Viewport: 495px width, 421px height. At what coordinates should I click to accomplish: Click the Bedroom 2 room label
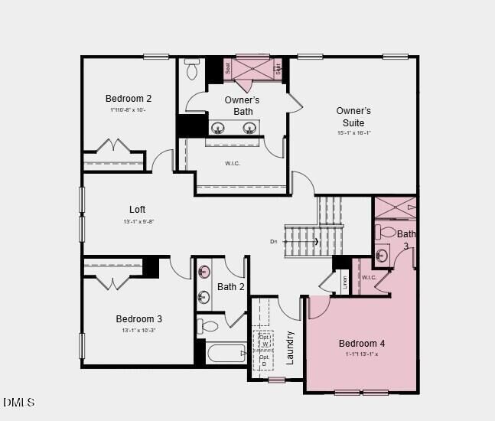click(129, 99)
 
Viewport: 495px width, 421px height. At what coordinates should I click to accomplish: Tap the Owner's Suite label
click(353, 116)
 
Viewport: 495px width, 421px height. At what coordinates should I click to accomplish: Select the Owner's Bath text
click(242, 106)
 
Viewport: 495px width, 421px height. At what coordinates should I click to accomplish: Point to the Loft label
click(137, 210)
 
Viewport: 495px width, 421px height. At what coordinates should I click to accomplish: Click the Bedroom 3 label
click(139, 319)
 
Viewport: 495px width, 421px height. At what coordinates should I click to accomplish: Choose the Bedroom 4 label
click(362, 344)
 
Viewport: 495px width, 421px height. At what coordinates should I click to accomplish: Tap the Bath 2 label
click(230, 287)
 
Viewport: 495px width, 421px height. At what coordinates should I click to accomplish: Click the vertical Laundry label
click(290, 348)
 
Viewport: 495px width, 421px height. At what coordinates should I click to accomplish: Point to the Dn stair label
click(274, 242)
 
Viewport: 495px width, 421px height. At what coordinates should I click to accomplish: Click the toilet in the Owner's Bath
click(192, 70)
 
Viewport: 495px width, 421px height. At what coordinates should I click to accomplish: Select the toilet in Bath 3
click(387, 233)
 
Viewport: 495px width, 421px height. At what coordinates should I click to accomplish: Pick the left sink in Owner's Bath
click(218, 128)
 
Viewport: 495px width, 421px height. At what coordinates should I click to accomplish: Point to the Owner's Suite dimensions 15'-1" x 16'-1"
click(353, 132)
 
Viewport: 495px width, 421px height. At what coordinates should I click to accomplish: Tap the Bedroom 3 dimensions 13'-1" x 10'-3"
click(139, 331)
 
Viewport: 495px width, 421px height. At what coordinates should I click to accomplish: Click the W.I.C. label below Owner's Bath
click(233, 163)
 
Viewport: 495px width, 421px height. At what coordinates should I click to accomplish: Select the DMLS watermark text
click(18, 403)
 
